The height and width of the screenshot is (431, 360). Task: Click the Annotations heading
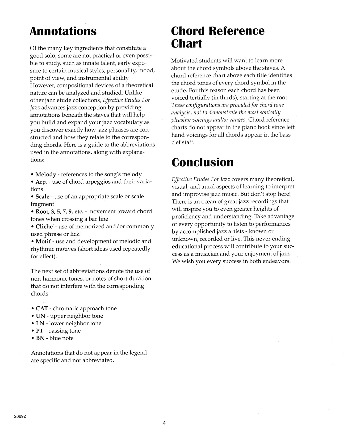[63, 31]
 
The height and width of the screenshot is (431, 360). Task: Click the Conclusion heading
[202, 162]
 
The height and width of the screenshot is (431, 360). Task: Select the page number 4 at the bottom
[164, 423]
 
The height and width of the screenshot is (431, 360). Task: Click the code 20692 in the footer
[20, 416]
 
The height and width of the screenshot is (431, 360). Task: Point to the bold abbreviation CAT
[42, 309]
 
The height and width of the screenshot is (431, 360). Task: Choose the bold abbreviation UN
[40, 316]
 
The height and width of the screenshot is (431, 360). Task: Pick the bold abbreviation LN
[40, 323]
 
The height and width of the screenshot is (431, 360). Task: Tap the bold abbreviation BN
[40, 338]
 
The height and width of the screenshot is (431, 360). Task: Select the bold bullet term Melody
[45, 175]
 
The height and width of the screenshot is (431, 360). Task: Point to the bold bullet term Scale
[42, 197]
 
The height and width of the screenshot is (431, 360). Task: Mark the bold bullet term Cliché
[44, 227]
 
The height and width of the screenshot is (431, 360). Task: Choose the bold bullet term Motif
[43, 242]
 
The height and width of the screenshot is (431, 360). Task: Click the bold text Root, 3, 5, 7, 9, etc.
[59, 212]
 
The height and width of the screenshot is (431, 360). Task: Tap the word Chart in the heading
[186, 44]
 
